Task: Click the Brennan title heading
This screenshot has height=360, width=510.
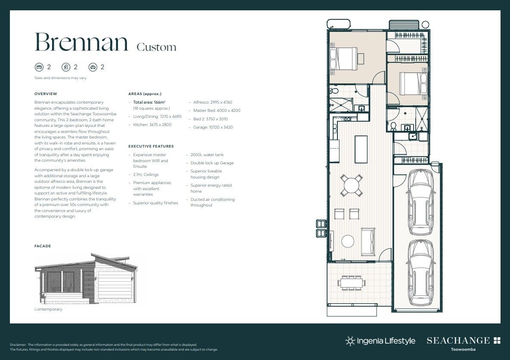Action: pos(81,42)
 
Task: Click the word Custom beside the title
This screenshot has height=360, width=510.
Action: pos(156,47)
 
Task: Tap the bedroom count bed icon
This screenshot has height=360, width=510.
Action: pos(39,67)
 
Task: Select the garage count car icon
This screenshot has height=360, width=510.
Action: pos(93,67)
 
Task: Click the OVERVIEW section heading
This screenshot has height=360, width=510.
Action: pos(46,94)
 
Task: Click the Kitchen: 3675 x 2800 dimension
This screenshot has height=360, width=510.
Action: pos(152,125)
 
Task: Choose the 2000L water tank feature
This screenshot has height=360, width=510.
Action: pos(207,155)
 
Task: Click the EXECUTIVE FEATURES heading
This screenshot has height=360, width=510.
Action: pos(151,146)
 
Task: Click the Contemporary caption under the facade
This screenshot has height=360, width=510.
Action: pos(48,309)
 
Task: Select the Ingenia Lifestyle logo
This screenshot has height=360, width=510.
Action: pos(380,341)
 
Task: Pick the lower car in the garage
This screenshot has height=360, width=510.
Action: pos(420,272)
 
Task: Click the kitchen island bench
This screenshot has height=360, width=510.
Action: pos(361,149)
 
